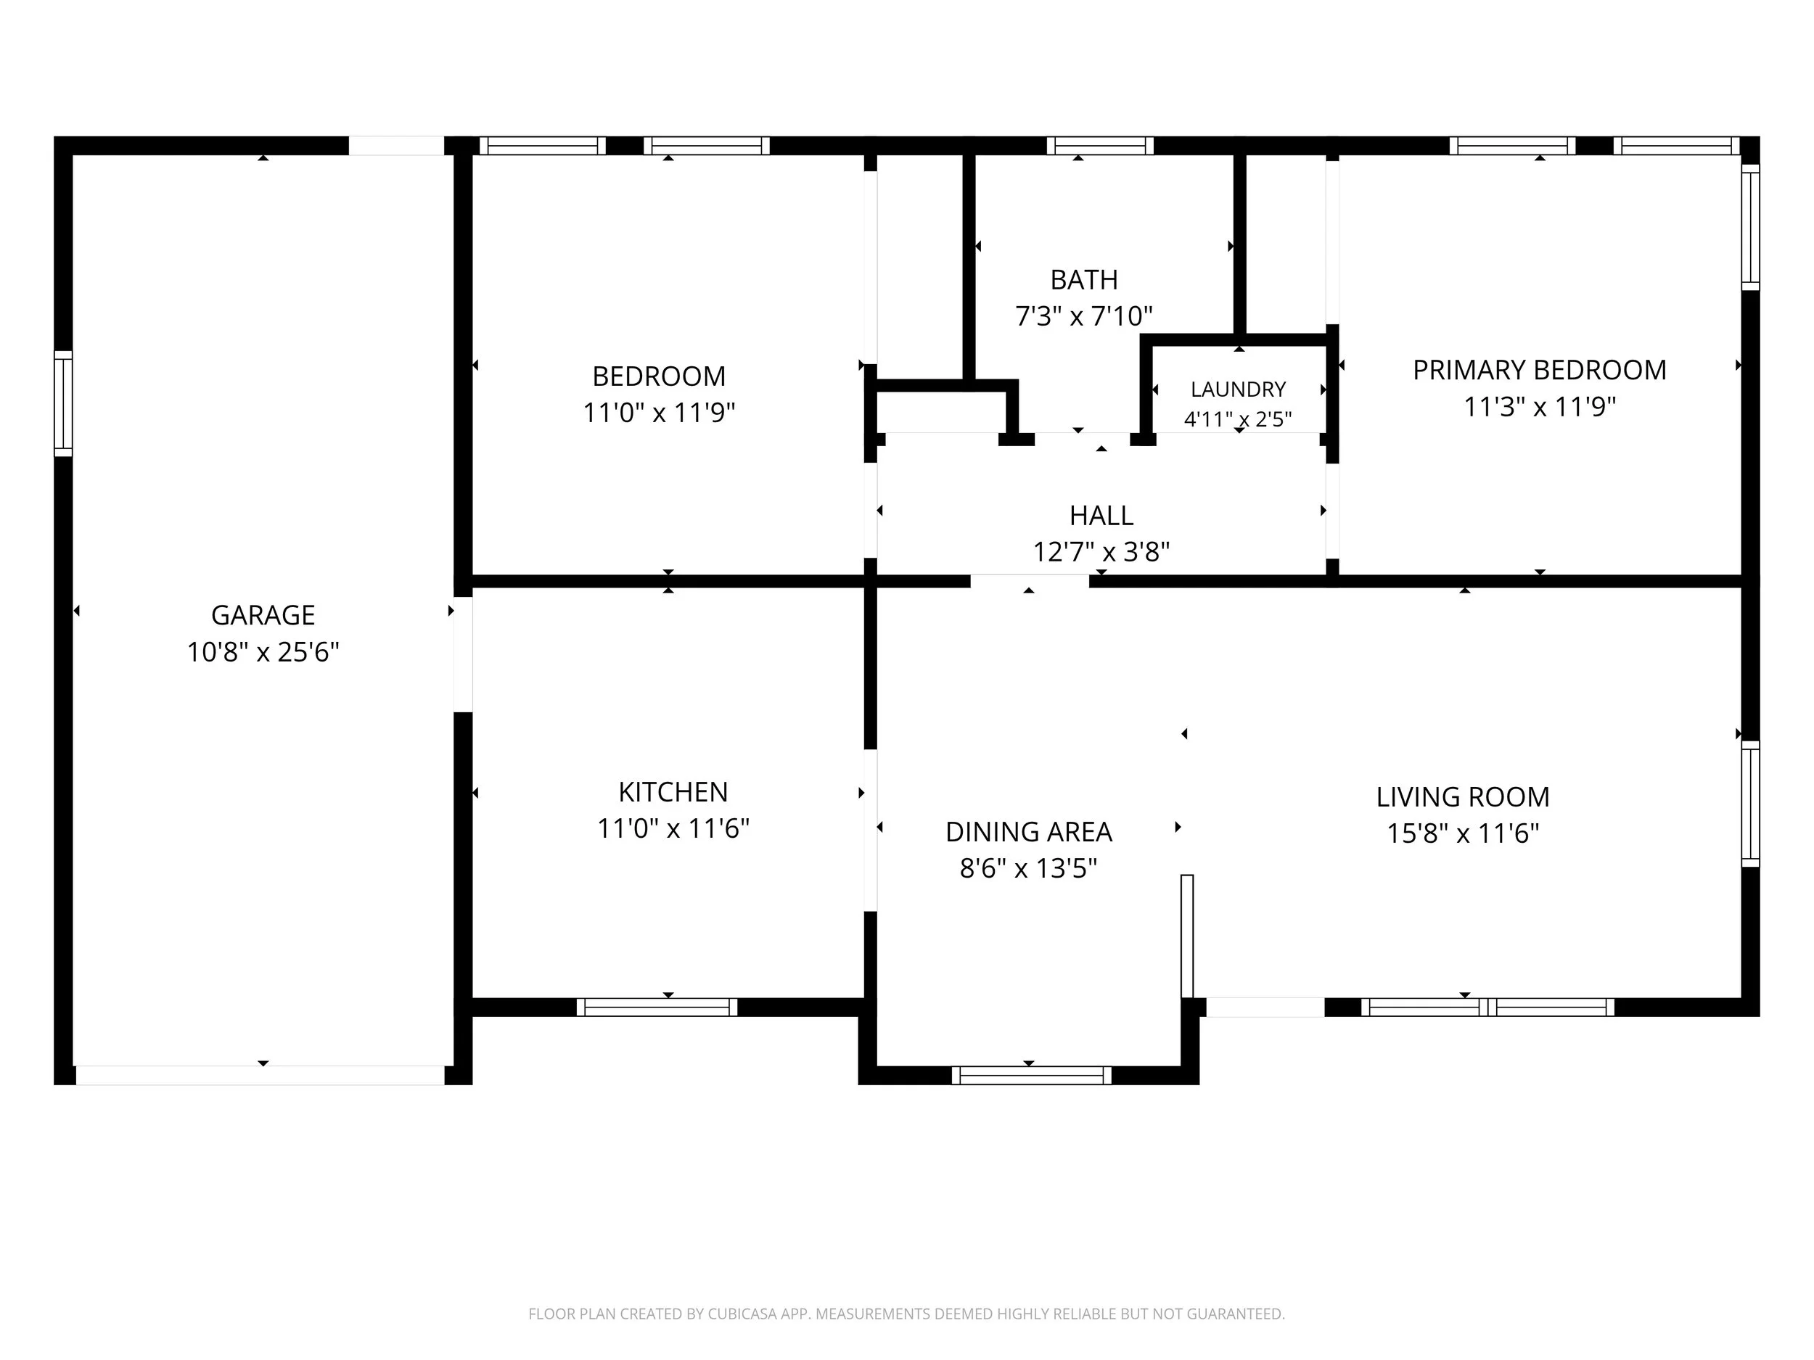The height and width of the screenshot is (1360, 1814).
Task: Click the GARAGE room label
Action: [263, 615]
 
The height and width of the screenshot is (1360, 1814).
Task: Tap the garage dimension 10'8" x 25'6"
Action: [263, 652]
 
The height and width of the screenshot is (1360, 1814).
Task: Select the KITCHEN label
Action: [673, 792]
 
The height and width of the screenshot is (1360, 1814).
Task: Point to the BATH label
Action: [1084, 279]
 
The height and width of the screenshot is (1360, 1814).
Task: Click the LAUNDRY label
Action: [1239, 389]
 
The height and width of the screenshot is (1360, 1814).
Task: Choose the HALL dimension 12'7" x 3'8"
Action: [1101, 552]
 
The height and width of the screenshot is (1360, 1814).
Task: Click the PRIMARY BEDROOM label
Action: [1539, 370]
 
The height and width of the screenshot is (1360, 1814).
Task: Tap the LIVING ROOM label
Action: [1463, 797]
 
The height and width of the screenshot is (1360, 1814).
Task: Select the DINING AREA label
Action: [1028, 832]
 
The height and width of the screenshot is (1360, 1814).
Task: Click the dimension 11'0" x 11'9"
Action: [659, 412]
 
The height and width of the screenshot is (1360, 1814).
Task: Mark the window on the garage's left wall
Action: [63, 403]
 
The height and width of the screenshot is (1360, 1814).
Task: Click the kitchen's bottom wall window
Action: [657, 1007]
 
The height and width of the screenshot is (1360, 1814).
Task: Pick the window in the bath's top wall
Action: [1101, 146]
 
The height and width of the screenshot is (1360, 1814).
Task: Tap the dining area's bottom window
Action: [1032, 1076]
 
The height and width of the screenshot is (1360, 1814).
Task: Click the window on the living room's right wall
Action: [1750, 804]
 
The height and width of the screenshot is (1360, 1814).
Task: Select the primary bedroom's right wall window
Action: [1750, 227]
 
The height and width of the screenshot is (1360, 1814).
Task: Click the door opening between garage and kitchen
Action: [464, 654]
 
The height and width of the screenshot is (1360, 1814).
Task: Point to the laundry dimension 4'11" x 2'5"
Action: [1239, 420]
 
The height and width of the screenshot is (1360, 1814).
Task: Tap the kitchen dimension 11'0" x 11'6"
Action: [673, 829]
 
